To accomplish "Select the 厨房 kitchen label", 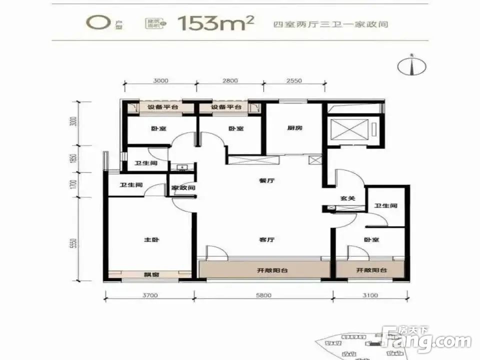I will [294, 128].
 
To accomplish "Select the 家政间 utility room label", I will [183, 188].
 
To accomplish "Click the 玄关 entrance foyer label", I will [347, 198].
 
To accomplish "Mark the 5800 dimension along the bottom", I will [263, 295].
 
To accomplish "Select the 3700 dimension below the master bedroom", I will [149, 295].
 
